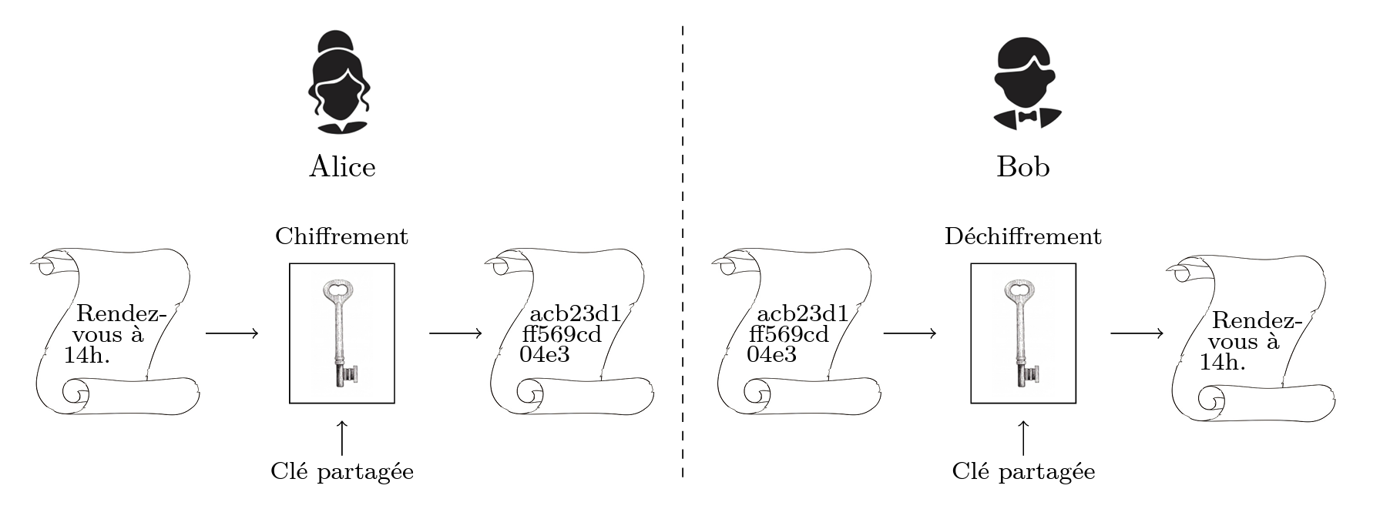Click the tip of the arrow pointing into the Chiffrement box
258,333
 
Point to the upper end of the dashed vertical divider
682,25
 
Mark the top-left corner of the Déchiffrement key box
971,264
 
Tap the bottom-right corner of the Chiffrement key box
395,403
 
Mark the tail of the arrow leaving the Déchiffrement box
1110,333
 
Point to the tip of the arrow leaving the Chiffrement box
482,333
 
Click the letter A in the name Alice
320,167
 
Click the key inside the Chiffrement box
340,333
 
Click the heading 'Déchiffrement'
1023,236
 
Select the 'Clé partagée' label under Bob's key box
1023,471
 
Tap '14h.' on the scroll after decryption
1222,362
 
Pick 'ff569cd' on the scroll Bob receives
789,334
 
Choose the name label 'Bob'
1023,167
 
